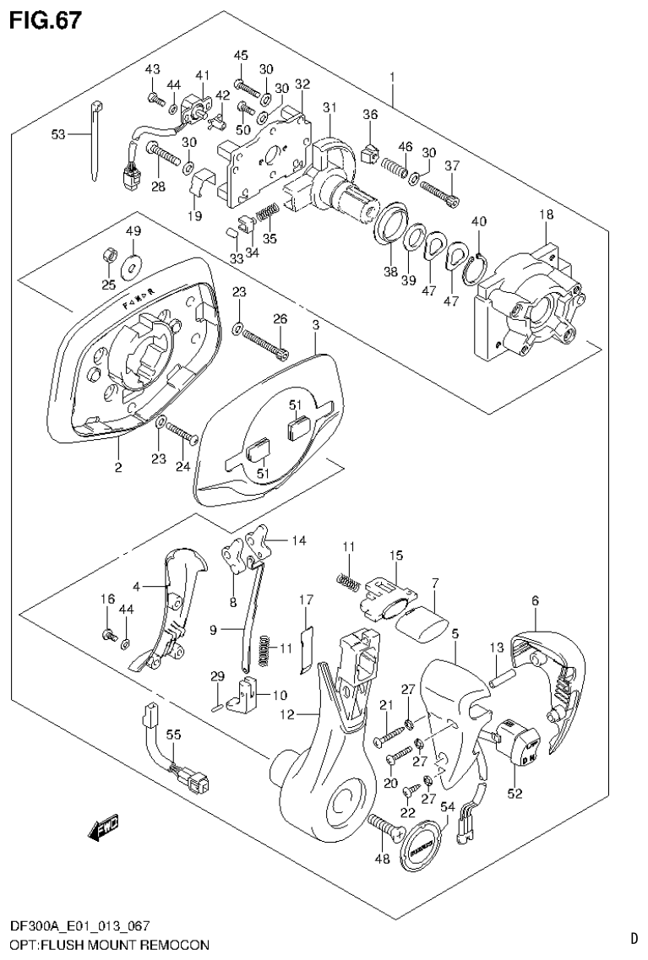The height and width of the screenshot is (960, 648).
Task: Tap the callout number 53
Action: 58,133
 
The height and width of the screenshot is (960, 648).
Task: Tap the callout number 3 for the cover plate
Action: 315,324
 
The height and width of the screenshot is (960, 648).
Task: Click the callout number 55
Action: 173,735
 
